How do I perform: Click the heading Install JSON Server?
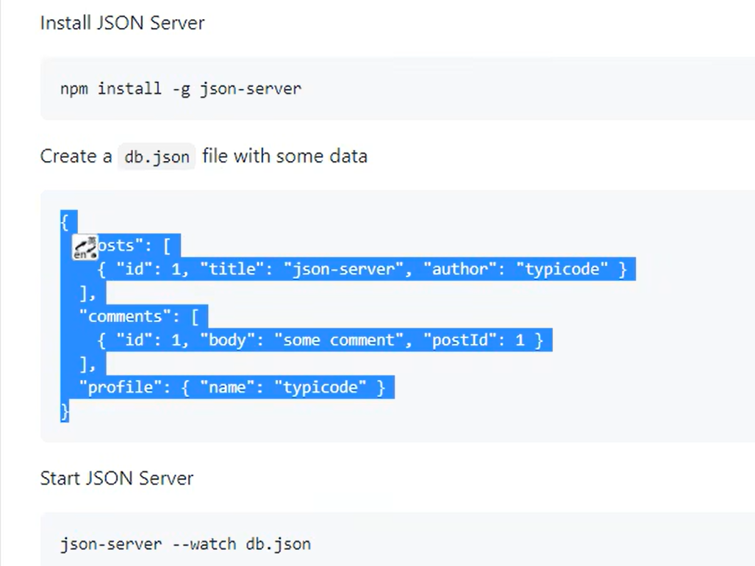(x=122, y=23)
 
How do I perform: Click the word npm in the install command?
(x=74, y=89)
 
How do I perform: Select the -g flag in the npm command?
(x=181, y=89)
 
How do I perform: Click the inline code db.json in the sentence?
(x=157, y=157)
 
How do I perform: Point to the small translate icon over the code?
(x=85, y=248)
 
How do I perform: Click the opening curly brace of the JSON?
(x=65, y=221)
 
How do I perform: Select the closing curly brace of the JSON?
(x=65, y=411)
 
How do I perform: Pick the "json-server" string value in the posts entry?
(x=343, y=269)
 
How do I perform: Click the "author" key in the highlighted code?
(x=459, y=269)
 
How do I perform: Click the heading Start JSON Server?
(x=116, y=479)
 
